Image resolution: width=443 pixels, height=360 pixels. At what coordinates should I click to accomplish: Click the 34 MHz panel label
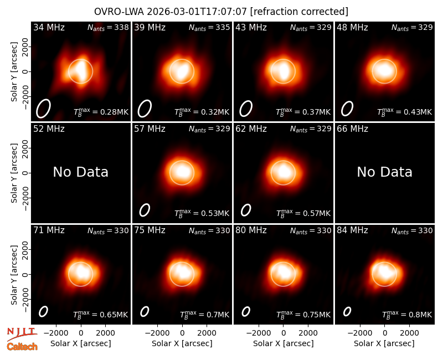[49, 27]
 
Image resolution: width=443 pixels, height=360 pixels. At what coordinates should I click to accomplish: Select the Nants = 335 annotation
[209, 27]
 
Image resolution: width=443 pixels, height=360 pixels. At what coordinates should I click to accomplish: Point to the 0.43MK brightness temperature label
[405, 112]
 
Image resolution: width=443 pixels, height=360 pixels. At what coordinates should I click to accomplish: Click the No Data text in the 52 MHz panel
[81, 172]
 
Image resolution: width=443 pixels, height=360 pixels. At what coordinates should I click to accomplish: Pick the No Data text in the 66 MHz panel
[384, 172]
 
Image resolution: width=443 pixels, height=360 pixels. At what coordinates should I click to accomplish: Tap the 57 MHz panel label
[150, 129]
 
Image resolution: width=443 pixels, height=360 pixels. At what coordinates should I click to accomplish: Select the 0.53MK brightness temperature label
[202, 213]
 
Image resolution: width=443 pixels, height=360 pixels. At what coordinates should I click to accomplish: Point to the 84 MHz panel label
[352, 230]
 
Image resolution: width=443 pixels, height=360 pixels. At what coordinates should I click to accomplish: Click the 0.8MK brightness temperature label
[407, 315]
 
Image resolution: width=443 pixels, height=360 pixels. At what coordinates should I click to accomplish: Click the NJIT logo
[22, 334]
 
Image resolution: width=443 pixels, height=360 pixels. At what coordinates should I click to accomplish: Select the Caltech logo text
[22, 347]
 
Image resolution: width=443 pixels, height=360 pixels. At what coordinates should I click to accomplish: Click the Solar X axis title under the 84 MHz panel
[384, 343]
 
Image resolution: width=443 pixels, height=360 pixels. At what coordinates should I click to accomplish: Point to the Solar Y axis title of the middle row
[14, 173]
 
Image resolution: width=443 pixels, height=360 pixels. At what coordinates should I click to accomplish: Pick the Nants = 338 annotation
[108, 27]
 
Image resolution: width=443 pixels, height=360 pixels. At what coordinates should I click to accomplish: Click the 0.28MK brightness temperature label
[101, 112]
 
